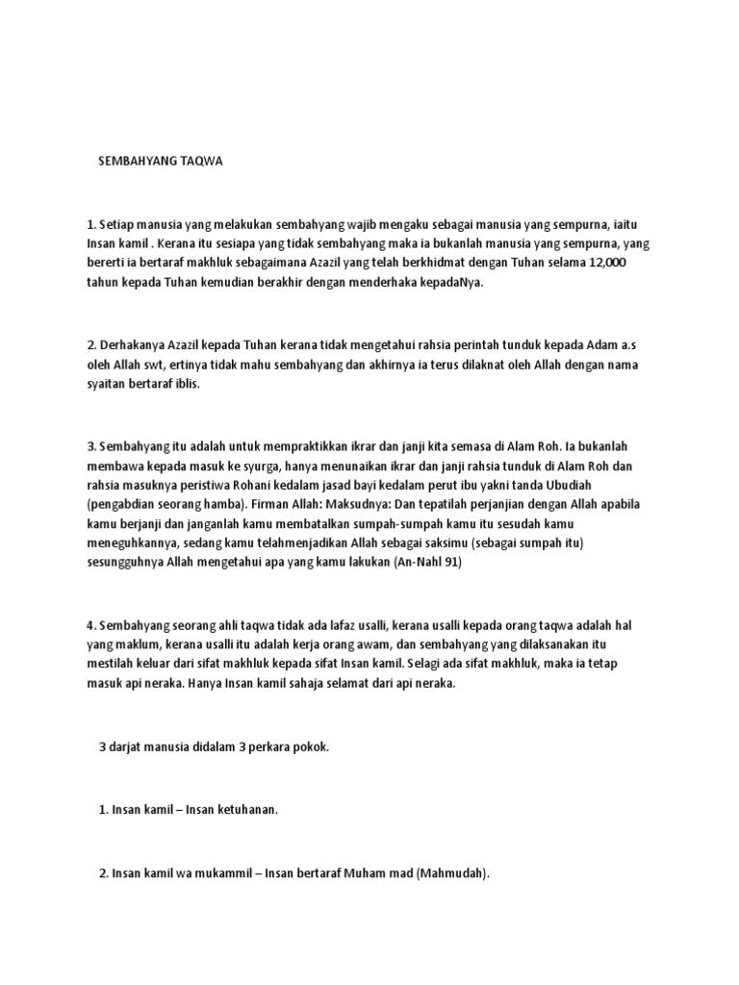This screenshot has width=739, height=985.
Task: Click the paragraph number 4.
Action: pyautogui.click(x=90, y=625)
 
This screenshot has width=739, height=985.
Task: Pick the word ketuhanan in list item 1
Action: pyautogui.click(x=245, y=810)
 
